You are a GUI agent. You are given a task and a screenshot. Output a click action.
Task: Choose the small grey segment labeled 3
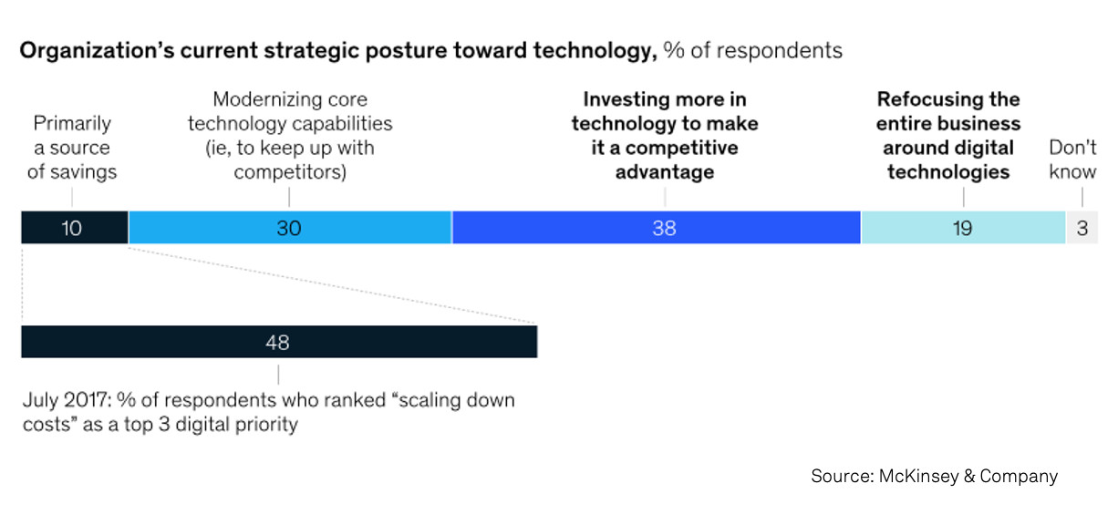pos(1082,228)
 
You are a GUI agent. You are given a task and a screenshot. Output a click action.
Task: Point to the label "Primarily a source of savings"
pos(72,148)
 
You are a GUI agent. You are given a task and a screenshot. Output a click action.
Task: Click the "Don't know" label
pos(1072,160)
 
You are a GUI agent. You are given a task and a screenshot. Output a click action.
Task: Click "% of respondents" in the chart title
pos(753,51)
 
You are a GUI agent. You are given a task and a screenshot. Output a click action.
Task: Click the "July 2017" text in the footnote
pos(63,400)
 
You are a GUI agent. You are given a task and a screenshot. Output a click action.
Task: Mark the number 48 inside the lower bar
pos(277,343)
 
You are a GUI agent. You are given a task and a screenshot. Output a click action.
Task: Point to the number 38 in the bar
pos(664,228)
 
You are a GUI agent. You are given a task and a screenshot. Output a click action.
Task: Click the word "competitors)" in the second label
pos(289,171)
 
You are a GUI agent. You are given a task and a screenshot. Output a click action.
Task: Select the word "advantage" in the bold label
pos(664,171)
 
